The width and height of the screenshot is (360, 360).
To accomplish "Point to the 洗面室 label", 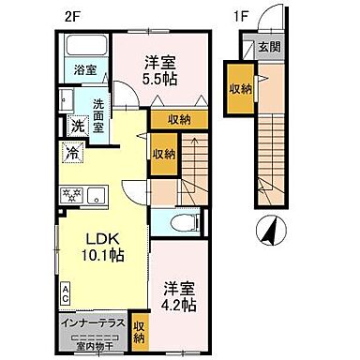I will coord(95,112).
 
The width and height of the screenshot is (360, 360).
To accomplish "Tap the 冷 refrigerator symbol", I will coord(71,150).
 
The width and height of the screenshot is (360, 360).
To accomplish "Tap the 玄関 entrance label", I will coord(270,46).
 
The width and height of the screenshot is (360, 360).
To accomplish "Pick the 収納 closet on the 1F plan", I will coord(241,87).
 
